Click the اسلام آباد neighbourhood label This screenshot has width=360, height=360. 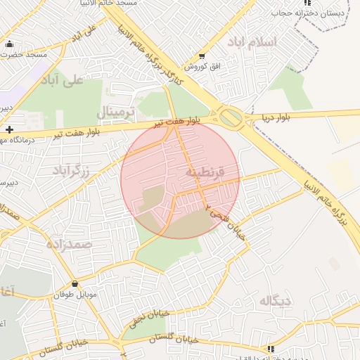(251, 42)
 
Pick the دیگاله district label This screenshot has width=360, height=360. (276, 301)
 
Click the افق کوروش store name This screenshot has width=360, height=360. (203, 67)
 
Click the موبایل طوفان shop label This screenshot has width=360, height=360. (75, 294)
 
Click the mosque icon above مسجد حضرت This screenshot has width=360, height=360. (10, 44)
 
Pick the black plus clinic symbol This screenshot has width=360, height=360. (8, 129)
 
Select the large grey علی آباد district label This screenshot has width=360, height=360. (64, 80)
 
